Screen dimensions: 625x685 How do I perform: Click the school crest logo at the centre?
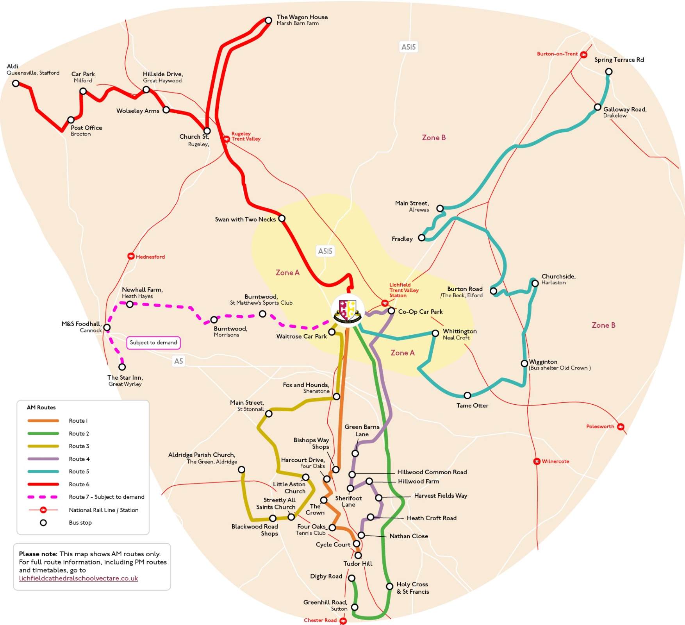click(348, 311)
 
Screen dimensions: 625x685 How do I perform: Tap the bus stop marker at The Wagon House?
click(268, 20)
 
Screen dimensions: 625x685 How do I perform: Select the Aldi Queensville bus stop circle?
click(16, 83)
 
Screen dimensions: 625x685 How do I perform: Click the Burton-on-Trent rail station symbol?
click(583, 55)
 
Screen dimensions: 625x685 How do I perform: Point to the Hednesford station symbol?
click(131, 256)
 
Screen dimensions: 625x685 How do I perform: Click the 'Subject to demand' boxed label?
click(153, 343)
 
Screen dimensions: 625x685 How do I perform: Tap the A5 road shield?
click(178, 361)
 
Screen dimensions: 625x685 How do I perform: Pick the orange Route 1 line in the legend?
click(43, 421)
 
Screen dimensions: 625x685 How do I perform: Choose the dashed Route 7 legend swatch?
click(43, 497)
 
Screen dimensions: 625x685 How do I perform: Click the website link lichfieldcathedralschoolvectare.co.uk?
click(78, 578)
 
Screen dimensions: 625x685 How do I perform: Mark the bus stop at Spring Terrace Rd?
click(608, 71)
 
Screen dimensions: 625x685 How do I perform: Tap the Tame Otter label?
click(472, 405)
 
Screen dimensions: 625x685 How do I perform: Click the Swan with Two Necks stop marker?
click(282, 218)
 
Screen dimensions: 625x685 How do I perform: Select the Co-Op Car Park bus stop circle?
click(391, 311)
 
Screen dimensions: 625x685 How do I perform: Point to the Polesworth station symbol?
click(620, 427)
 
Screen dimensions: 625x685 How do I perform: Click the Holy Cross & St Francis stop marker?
click(389, 586)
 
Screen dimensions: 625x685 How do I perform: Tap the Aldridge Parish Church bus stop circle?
click(242, 470)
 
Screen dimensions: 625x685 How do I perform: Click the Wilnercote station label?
click(555, 461)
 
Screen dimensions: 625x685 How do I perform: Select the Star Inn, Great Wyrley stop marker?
click(122, 367)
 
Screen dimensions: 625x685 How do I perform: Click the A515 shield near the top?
click(409, 47)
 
